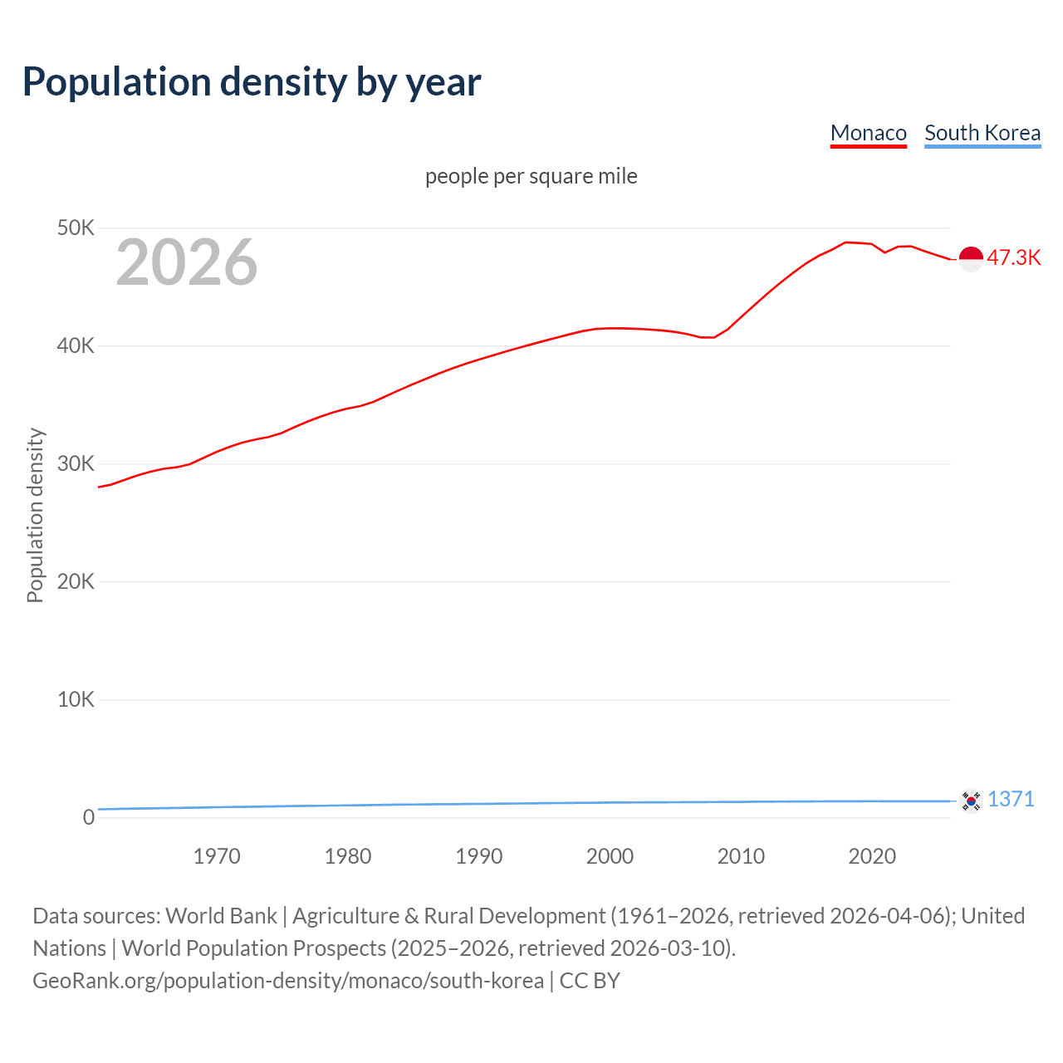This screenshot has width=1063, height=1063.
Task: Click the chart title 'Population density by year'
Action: (252, 82)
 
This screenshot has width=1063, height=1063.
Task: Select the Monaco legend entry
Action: (868, 133)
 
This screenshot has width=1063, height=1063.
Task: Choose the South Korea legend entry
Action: (982, 133)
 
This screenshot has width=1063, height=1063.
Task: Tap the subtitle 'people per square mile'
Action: (531, 176)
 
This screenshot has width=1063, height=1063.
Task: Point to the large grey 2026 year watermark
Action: (187, 262)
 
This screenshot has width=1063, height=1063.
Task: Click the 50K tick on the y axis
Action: (76, 228)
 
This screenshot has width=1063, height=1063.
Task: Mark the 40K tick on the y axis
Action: (76, 345)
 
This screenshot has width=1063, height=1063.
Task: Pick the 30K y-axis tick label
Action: (76, 463)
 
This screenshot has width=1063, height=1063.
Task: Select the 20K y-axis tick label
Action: (76, 581)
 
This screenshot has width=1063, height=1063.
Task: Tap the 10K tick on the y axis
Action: (76, 699)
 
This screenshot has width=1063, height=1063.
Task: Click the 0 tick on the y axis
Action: (88, 817)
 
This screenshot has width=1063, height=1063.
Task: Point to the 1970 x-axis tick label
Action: (217, 856)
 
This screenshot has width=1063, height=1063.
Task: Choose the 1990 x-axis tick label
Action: (479, 856)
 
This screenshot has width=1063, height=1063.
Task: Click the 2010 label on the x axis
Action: (741, 856)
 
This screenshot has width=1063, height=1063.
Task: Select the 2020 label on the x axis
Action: (872, 856)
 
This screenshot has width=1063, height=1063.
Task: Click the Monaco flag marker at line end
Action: (971, 259)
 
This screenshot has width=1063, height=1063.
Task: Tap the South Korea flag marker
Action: (971, 801)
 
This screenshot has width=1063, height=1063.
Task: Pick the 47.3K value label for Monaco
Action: (1013, 257)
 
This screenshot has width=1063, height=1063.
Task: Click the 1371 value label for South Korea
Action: (1011, 799)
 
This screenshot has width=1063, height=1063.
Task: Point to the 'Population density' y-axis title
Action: (35, 515)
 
